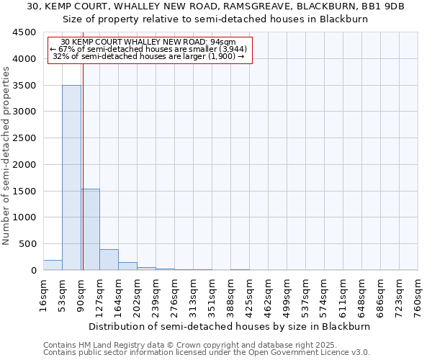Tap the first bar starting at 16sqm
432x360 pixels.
[53, 265]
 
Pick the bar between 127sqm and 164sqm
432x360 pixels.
[109, 260]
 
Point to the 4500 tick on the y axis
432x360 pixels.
[24, 32]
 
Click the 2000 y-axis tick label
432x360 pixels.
[24, 164]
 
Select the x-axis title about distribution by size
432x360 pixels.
[230, 326]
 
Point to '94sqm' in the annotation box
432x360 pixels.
[226, 42]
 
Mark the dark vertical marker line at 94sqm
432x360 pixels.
[83, 158]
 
